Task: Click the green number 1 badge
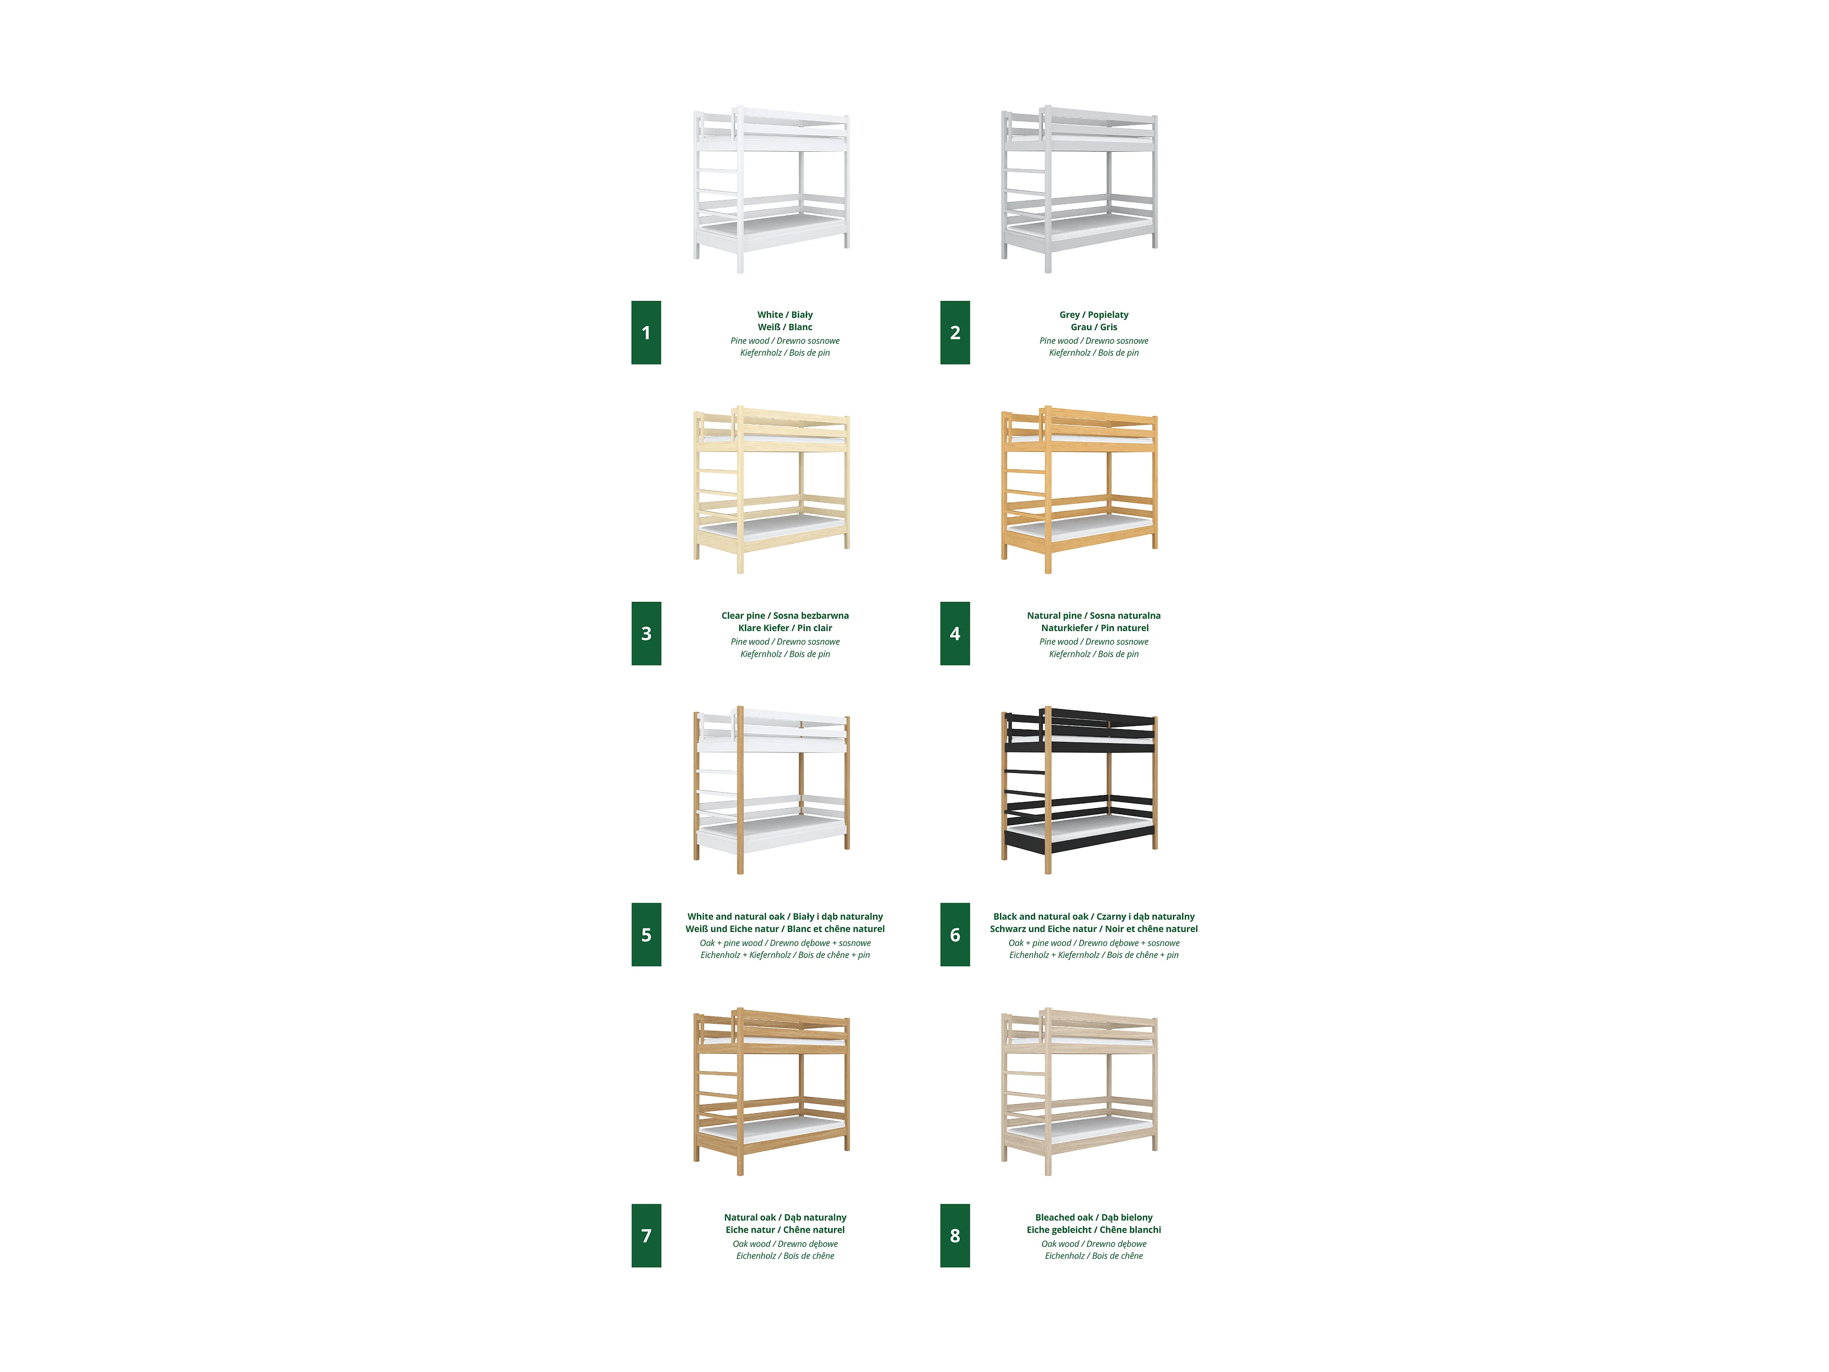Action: click(646, 332)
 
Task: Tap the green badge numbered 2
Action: click(955, 332)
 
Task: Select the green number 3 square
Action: click(646, 633)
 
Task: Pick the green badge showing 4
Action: click(955, 633)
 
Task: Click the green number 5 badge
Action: click(646, 934)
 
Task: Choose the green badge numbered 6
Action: click(955, 934)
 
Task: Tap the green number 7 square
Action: click(646, 1236)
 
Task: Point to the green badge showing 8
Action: click(955, 1236)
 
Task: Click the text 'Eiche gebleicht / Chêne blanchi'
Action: click(1094, 1230)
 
